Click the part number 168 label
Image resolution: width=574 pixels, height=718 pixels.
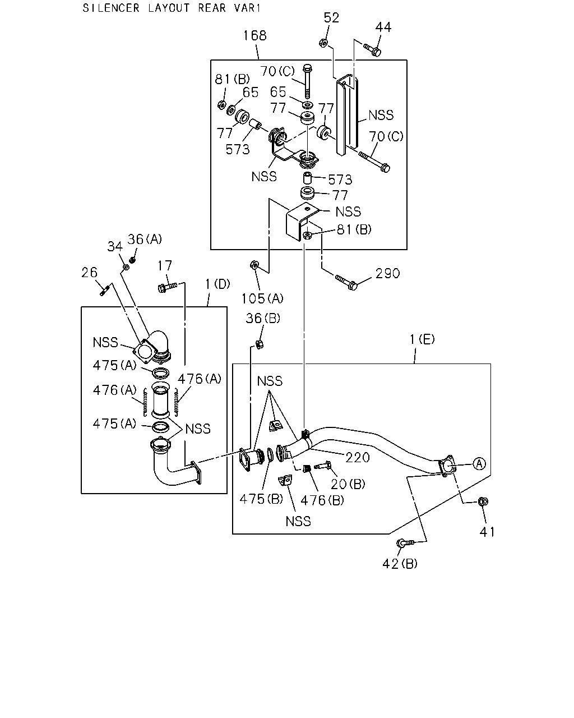pos(255,35)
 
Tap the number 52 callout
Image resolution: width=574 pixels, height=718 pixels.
pos(331,18)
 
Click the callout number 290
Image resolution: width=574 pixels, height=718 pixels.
pos(387,274)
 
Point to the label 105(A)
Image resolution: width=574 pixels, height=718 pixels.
pos(262,298)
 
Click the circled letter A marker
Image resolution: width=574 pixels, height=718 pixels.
pos(480,464)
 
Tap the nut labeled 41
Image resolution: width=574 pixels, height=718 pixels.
pos(483,501)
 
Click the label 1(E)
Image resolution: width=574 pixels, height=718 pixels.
pos(422,339)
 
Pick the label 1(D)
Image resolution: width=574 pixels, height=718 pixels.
pos(218,284)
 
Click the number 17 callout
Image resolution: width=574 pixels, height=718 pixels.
pos(165,266)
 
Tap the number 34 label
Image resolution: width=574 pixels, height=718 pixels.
pos(115,247)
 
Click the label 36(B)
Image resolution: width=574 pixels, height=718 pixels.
pos(263,318)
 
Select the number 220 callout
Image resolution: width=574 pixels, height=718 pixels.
pos(358,457)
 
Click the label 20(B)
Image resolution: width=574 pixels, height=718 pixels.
pos(348,484)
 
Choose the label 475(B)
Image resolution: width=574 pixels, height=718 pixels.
pos(261,499)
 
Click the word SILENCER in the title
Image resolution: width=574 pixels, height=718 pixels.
pos(111,8)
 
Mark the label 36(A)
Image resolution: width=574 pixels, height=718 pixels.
pos(145,239)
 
